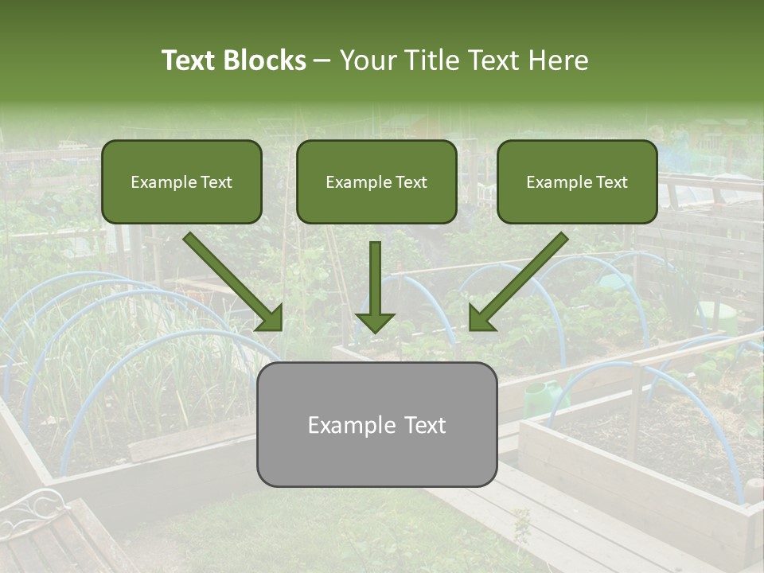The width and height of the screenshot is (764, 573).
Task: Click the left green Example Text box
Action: click(x=181, y=181)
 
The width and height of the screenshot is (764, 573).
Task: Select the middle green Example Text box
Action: click(x=376, y=181)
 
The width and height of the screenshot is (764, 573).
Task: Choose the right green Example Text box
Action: click(x=577, y=181)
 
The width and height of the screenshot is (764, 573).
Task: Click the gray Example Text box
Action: click(x=376, y=424)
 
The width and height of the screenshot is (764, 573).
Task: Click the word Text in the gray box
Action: click(x=422, y=425)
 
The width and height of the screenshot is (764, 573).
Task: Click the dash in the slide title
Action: click(x=323, y=60)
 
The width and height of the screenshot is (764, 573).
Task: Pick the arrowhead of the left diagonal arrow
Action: click(x=270, y=318)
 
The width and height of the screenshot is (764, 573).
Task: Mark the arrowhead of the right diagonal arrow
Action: click(x=481, y=318)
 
